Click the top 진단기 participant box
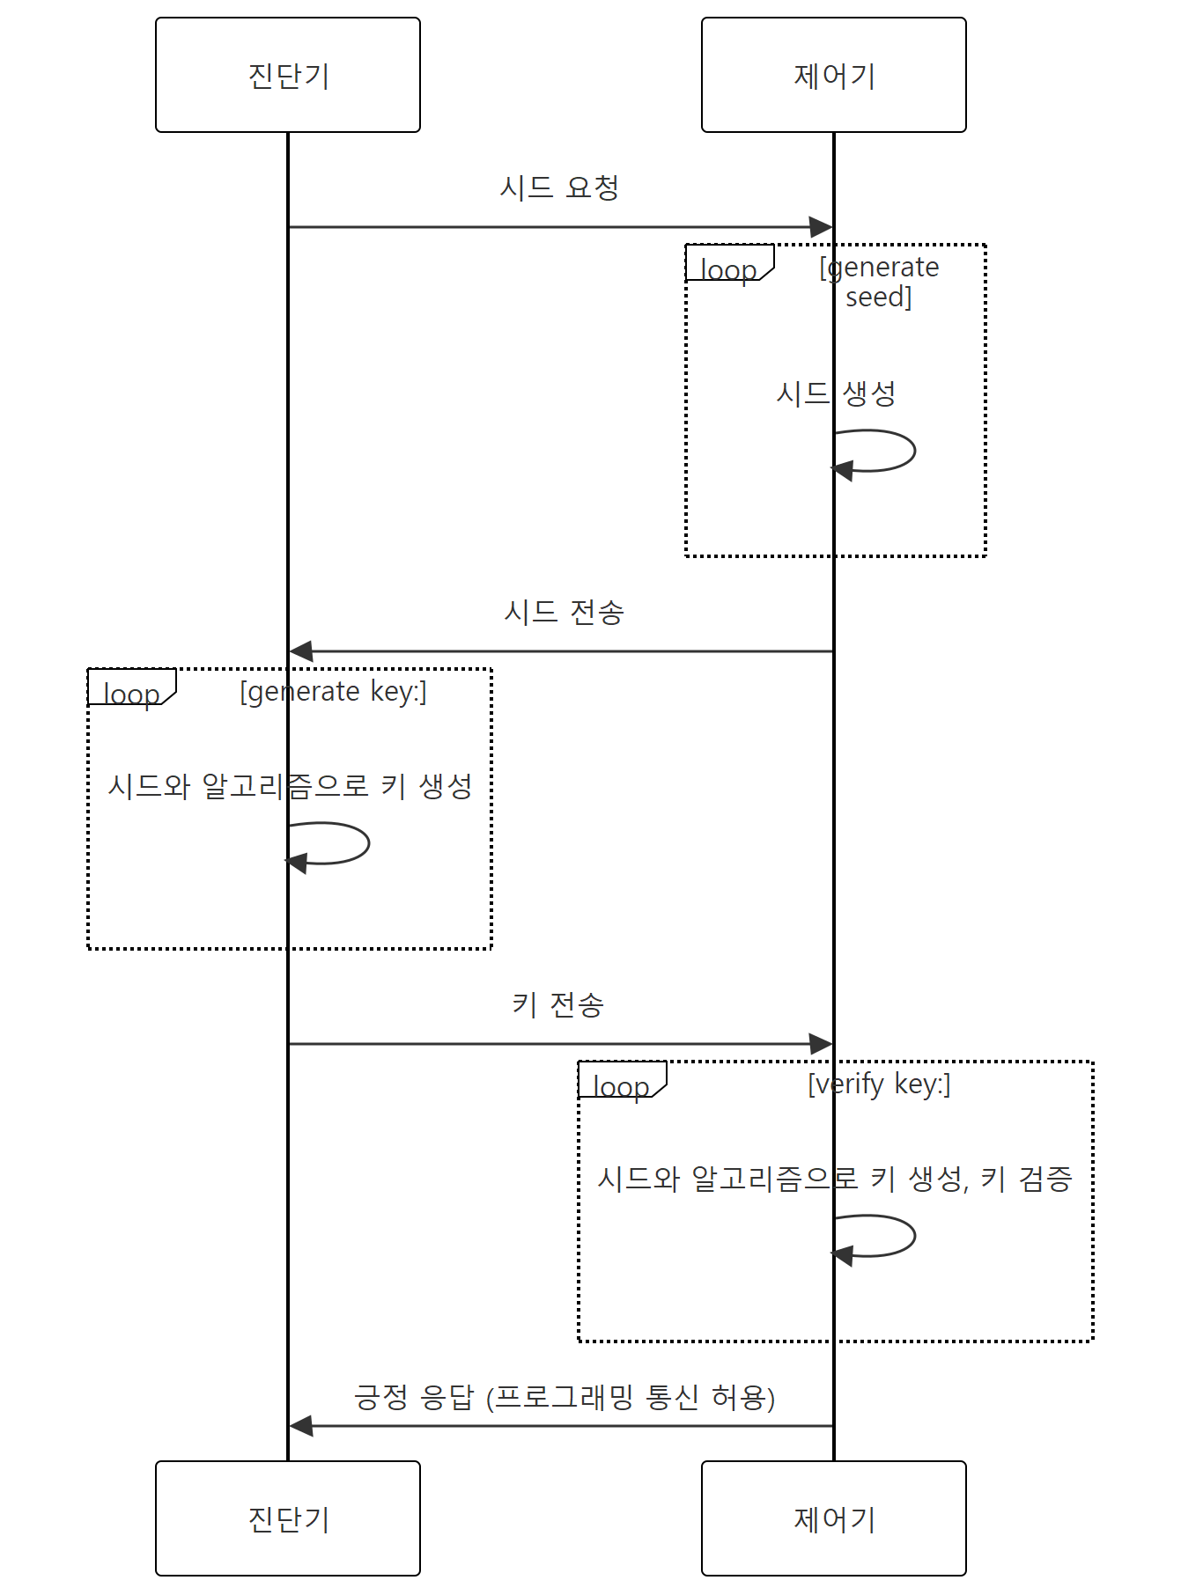coord(288,75)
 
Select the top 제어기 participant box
coord(833,75)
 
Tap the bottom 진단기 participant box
coord(288,1518)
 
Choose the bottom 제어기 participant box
coord(833,1518)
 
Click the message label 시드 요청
coord(559,187)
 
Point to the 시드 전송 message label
coord(564,612)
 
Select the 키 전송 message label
coord(558,1004)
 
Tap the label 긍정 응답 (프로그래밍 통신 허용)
coord(564,1397)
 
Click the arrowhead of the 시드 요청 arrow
coord(821,227)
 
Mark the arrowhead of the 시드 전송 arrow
coord(301,651)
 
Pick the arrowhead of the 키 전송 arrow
coord(821,1044)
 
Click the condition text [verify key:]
coord(879,1084)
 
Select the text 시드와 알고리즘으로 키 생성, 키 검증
coord(835,1179)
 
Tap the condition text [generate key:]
coord(333,691)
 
